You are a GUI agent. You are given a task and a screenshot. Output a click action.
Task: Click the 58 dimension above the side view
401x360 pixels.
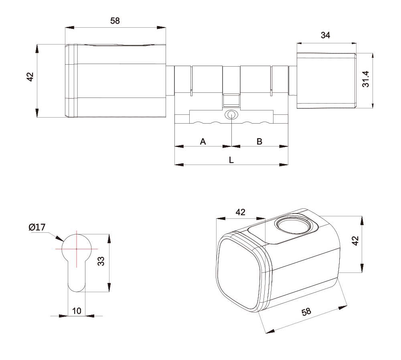tap(115, 21)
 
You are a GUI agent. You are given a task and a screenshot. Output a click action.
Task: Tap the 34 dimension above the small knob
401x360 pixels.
tap(325, 35)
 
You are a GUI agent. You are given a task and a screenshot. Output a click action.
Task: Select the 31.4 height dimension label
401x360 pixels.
tap(366, 79)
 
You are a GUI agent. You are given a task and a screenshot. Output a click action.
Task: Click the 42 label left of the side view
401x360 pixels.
tap(30, 77)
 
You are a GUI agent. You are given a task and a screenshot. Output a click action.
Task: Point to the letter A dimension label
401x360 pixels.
tap(203, 141)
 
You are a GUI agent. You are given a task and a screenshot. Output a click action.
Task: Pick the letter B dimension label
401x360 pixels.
tap(259, 141)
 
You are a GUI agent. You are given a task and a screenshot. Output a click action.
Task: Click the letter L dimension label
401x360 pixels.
tap(231, 160)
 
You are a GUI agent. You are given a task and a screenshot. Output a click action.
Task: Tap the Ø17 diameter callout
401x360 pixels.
tap(37, 227)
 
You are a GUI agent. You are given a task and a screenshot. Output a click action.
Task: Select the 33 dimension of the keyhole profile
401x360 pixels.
tap(101, 261)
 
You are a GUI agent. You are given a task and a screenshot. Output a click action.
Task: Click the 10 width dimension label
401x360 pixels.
tap(77, 311)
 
